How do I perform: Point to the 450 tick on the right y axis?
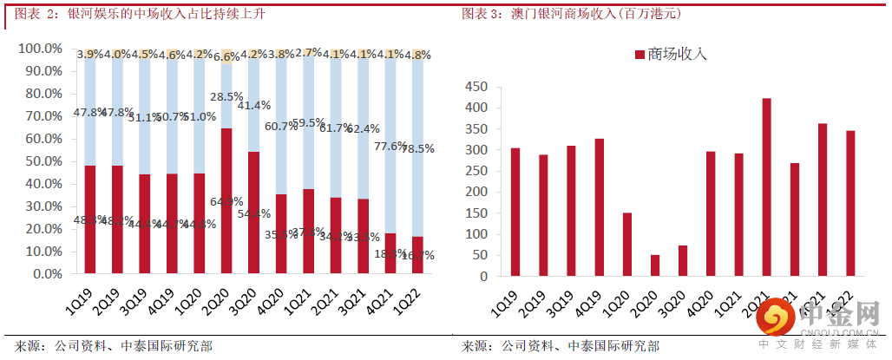(x=476, y=87)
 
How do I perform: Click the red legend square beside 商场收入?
(x=640, y=55)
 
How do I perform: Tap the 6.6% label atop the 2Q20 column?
(x=226, y=57)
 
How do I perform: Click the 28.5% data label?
(x=226, y=96)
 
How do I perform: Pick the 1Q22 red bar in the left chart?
(x=417, y=255)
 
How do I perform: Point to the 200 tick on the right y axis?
(x=476, y=192)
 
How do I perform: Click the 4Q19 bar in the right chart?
(x=599, y=207)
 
